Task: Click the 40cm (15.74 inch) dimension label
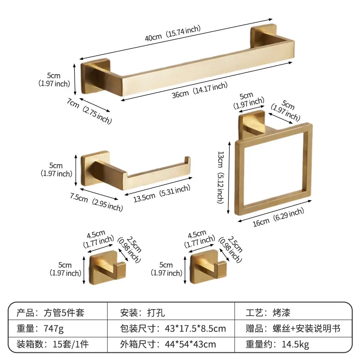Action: (x=173, y=33)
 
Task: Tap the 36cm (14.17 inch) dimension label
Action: (x=199, y=90)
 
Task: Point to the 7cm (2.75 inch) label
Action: (x=89, y=111)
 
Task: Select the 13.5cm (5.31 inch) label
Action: (x=162, y=193)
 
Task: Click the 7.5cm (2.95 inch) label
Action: (x=96, y=202)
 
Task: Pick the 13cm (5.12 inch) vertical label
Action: (x=220, y=177)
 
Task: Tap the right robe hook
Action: (x=208, y=267)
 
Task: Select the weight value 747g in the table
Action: (x=54, y=328)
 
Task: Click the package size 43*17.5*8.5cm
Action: (x=195, y=328)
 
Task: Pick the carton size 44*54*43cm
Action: (x=190, y=344)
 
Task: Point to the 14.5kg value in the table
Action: (x=295, y=344)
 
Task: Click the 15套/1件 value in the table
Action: (x=71, y=344)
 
